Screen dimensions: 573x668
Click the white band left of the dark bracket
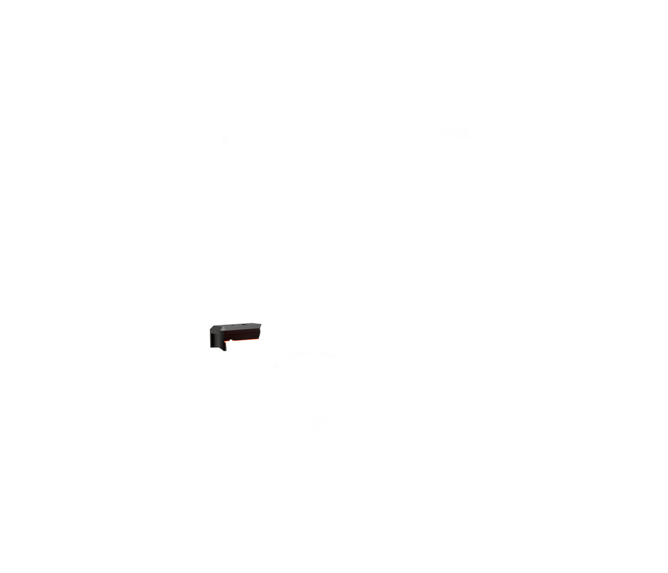point(104,336)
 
